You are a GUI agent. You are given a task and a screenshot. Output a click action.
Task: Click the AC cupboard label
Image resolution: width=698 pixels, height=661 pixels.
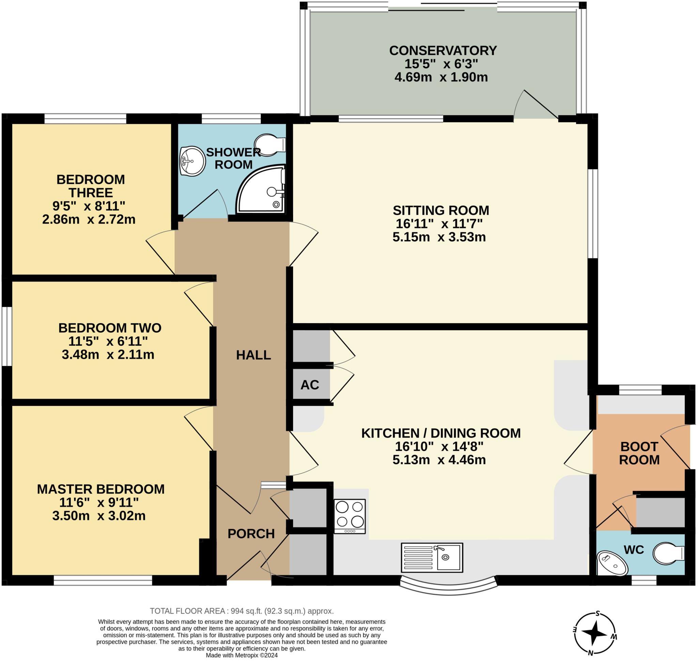pyautogui.click(x=310, y=385)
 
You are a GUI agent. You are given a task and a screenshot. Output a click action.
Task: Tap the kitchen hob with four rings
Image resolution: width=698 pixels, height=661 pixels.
pyautogui.click(x=350, y=516)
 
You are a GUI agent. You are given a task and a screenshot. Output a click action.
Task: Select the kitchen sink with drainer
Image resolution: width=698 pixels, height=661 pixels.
pyautogui.click(x=431, y=557)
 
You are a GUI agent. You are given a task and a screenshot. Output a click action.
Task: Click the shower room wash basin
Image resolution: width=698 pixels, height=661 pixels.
pyautogui.click(x=192, y=161)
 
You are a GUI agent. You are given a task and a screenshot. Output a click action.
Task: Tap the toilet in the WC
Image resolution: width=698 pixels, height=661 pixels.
pyautogui.click(x=669, y=554)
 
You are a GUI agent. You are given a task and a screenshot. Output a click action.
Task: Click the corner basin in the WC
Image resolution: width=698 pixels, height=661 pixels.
pyautogui.click(x=612, y=563)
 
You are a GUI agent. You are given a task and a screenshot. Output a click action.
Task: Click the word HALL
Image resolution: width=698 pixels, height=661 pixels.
pyautogui.click(x=253, y=355)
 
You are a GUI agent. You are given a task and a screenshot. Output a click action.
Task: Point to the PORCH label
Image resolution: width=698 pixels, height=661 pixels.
pyautogui.click(x=251, y=534)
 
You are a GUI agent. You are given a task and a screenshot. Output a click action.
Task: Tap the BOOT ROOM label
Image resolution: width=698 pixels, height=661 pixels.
pyautogui.click(x=639, y=453)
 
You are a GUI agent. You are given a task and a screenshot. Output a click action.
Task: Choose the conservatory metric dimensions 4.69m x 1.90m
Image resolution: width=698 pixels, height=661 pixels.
pyautogui.click(x=441, y=77)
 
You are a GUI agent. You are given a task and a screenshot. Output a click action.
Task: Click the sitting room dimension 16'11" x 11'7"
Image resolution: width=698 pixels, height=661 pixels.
pyautogui.click(x=439, y=223)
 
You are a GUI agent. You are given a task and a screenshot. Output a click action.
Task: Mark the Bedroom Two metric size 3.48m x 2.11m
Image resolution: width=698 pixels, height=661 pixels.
pyautogui.click(x=108, y=355)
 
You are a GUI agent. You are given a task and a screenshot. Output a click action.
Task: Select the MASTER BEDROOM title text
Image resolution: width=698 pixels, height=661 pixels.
pyautogui.click(x=101, y=489)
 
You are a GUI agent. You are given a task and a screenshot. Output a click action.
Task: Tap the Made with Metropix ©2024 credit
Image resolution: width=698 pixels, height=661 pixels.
pyautogui.click(x=242, y=655)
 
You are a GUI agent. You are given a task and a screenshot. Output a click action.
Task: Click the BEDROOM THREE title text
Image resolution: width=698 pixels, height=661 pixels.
pyautogui.click(x=91, y=186)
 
